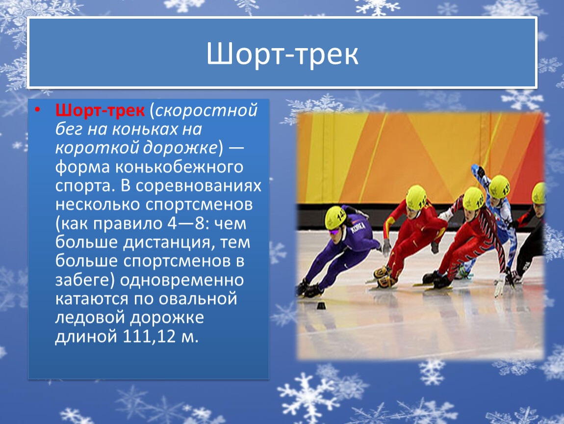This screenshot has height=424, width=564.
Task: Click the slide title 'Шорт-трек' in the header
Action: pos(282,54)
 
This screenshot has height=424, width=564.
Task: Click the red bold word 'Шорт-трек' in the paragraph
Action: pos(100,110)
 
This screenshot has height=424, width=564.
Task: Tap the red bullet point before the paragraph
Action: pos(37,109)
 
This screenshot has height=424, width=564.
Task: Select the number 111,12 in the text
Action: pos(149,337)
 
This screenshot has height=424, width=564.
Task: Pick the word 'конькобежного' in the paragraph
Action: pos(179,167)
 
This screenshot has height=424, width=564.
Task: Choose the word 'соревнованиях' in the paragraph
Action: pos(199,185)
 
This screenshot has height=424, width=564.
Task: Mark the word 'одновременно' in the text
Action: pos(181,280)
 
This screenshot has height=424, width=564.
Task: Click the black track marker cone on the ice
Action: pos(321,306)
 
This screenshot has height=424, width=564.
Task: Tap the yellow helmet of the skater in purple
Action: pos(335,218)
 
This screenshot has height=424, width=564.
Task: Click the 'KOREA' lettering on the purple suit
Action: pos(358,228)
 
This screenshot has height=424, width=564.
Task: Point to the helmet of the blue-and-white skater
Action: pos(499,186)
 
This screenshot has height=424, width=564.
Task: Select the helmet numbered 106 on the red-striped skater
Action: pos(473,198)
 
